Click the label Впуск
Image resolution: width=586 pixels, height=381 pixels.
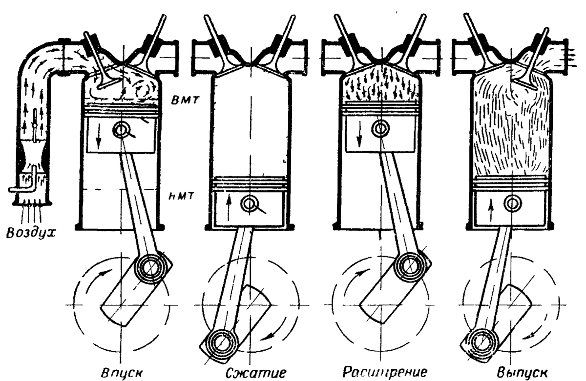point(122,372)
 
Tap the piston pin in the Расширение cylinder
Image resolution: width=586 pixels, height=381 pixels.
point(380,128)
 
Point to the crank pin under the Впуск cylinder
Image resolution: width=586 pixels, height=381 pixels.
point(152,267)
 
